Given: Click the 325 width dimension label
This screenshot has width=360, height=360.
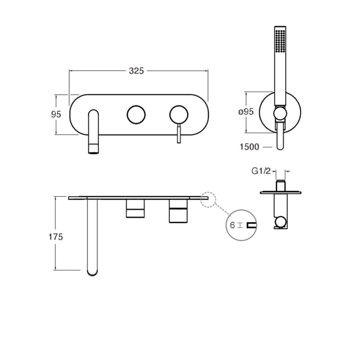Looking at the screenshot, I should [x=136, y=71].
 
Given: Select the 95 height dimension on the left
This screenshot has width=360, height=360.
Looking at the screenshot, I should [x=56, y=114].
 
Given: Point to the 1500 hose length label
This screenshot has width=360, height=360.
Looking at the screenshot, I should [x=250, y=147].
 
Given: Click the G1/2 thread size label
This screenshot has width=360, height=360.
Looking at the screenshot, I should [x=261, y=171].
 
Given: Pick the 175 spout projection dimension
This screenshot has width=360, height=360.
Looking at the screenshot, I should [x=56, y=237].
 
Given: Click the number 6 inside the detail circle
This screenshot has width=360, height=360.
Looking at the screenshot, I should [x=232, y=225].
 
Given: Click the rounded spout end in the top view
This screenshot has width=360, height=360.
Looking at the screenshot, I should [x=93, y=270].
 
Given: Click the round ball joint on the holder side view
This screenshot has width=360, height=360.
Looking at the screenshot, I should [x=281, y=221].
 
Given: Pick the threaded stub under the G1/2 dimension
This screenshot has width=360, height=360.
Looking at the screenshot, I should [x=281, y=184].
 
